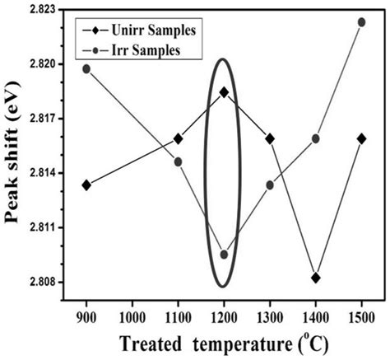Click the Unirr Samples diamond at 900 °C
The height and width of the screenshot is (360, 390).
[86, 185]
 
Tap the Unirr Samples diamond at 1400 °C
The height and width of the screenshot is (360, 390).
[316, 278]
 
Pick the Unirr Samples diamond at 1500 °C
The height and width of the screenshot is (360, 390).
[362, 138]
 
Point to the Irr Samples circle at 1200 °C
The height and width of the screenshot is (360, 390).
[224, 254]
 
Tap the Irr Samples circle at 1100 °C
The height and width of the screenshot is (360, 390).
[179, 161]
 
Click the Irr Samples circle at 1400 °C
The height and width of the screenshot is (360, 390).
[316, 138]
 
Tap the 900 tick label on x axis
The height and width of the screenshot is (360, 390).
[86, 316]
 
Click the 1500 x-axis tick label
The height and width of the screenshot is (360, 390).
[362, 316]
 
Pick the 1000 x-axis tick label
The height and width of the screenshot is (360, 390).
[132, 316]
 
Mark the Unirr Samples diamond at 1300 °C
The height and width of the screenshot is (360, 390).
[270, 138]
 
